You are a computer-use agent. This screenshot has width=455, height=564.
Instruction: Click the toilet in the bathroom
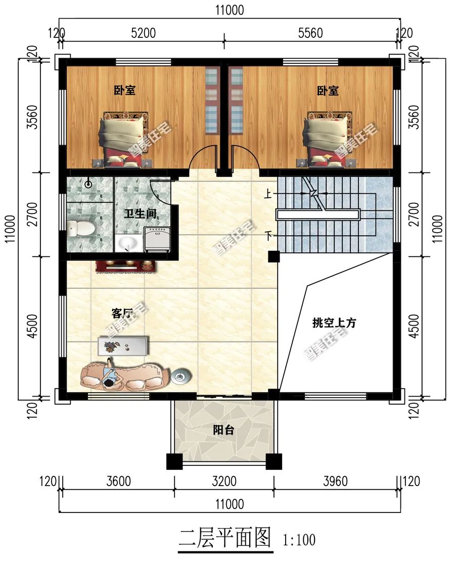pyautogui.click(x=81, y=228)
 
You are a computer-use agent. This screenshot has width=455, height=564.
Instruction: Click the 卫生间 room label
pyautogui.click(x=140, y=213)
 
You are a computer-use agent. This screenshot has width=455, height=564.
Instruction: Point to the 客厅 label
pyautogui.click(x=122, y=314)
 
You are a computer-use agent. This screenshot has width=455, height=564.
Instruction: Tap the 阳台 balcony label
pyautogui.click(x=223, y=430)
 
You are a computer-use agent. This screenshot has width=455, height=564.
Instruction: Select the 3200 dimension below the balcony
pyautogui.click(x=224, y=481)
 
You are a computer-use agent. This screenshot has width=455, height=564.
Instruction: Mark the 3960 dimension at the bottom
pyautogui.click(x=335, y=481)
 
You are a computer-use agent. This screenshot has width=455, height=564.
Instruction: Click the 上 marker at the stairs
pyautogui.click(x=266, y=193)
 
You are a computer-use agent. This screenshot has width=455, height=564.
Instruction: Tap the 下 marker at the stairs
pyautogui.click(x=266, y=235)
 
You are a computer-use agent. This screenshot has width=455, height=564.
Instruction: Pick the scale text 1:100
pyautogui.click(x=299, y=540)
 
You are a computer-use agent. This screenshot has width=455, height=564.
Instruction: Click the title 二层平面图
pyautogui.click(x=225, y=538)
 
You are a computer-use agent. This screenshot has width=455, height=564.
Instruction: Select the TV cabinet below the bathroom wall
pyautogui.click(x=125, y=266)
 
